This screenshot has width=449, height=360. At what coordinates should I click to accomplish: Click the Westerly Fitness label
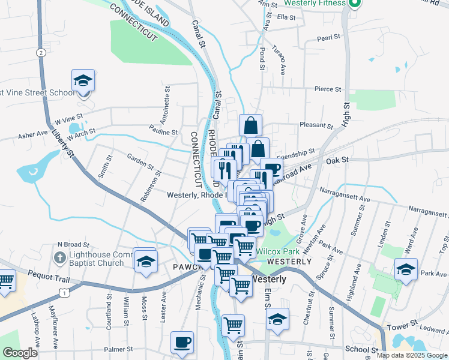315,3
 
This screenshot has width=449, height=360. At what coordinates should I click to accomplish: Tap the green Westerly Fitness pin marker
354,4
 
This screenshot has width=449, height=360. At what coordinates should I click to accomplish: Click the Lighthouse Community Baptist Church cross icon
59,258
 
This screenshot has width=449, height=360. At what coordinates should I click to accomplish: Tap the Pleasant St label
316,126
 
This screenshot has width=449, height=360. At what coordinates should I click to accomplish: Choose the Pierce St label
327,89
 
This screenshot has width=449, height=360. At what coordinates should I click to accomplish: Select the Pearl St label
329,38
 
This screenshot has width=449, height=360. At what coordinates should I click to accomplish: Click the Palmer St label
118,349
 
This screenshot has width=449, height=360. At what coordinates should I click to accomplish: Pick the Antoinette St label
166,102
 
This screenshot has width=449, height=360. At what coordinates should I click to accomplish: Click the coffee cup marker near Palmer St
182,342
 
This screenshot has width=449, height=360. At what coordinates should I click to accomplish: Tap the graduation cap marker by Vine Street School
83,80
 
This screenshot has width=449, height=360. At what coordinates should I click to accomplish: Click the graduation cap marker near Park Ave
406,270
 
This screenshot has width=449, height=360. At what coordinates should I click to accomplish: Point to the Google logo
20,353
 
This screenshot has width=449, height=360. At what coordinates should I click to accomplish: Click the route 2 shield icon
40,53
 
